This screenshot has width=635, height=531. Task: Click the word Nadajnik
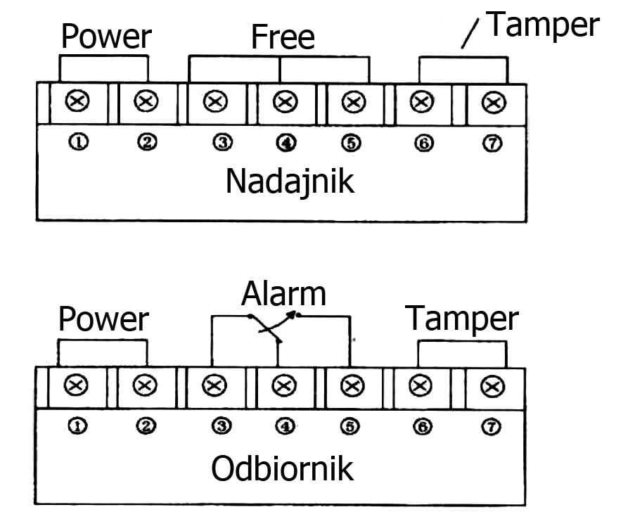point(290,181)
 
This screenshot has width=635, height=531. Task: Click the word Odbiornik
point(283,469)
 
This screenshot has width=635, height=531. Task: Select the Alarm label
point(283,294)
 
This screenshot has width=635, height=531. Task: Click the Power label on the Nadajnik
point(106,37)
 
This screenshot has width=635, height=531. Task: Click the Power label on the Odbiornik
point(103,319)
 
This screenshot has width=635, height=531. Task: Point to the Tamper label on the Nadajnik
point(543,25)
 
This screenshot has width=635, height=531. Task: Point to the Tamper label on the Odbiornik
point(462,319)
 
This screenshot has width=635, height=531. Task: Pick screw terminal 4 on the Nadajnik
point(284,103)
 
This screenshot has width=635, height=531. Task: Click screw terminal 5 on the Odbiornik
point(351,385)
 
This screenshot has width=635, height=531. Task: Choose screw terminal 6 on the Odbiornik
point(420,385)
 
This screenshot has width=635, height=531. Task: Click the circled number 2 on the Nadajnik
point(147,143)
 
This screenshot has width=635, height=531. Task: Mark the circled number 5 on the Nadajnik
point(352,143)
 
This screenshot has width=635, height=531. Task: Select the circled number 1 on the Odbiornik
point(79,426)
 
